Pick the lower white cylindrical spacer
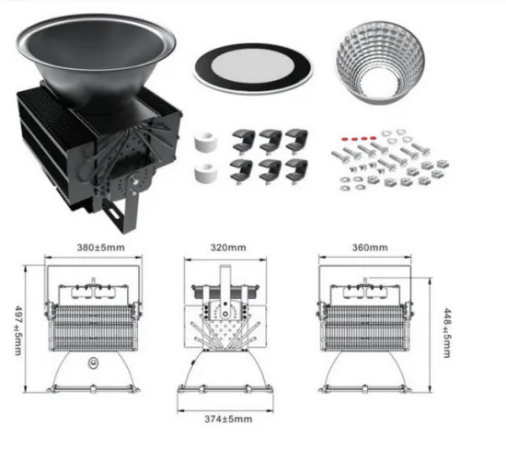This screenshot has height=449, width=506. (x=202, y=173)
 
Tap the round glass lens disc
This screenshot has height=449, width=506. (x=252, y=65)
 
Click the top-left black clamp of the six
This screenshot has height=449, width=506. (x=246, y=139)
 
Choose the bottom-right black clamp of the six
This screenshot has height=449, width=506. (x=296, y=171)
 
